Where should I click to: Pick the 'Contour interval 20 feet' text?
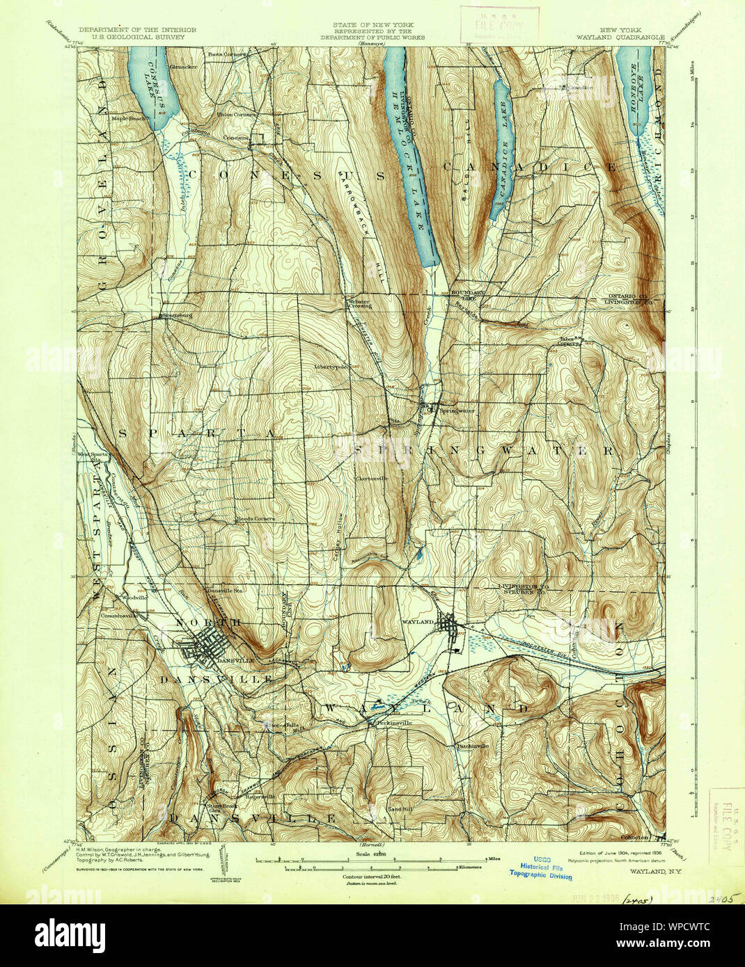pyautogui.click(x=371, y=877)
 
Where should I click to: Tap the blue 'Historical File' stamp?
pyautogui.click(x=538, y=867)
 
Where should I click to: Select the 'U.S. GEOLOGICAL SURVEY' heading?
pyautogui.click(x=138, y=38)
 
